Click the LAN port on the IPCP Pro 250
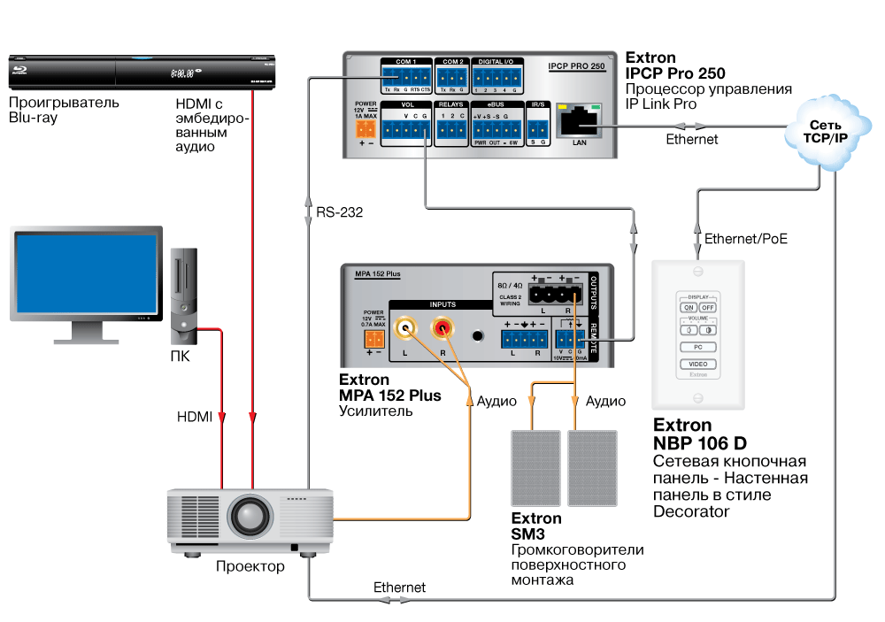(581, 119)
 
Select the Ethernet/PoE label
(745, 238)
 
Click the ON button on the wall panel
(689, 307)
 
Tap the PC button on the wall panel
(698, 347)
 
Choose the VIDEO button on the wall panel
(698, 364)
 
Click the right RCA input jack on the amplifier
(441, 331)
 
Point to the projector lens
(251, 515)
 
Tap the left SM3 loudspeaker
(535, 467)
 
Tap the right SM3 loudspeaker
(592, 467)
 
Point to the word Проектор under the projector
(250, 566)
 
